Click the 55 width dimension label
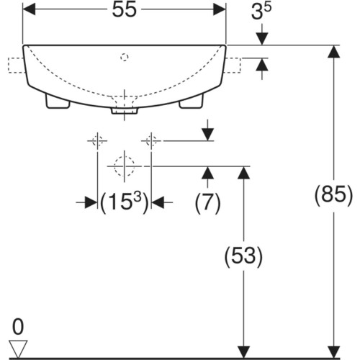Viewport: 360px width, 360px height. pyautogui.click(x=125, y=10)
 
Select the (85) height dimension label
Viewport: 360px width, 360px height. pyautogui.click(x=333, y=195)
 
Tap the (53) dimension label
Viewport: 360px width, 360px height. pyautogui.click(x=243, y=256)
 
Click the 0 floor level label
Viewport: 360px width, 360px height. pyautogui.click(x=18, y=326)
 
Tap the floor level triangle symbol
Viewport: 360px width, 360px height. pyautogui.click(x=18, y=348)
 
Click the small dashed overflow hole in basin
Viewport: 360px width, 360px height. pyautogui.click(x=125, y=57)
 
